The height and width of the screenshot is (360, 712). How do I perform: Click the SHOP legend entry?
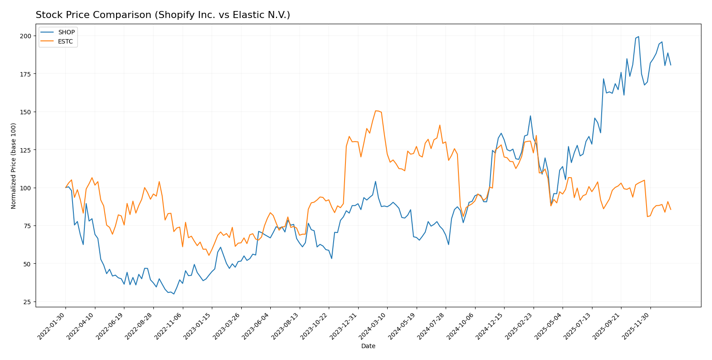66,32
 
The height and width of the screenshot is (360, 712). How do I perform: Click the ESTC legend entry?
65,42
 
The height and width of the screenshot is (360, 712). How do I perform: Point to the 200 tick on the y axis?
27,36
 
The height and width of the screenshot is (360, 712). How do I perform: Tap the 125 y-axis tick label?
27,150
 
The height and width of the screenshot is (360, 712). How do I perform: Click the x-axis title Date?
368,346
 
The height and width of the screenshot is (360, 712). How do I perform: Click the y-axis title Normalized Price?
14,166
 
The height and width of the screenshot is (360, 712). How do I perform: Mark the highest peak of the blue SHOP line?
638,36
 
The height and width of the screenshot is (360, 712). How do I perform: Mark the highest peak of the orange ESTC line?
376,111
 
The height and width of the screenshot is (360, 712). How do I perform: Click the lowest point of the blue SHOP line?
174,294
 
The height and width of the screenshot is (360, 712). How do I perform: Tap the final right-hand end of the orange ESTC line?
670,210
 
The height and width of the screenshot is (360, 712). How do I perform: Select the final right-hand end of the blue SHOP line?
670,65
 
